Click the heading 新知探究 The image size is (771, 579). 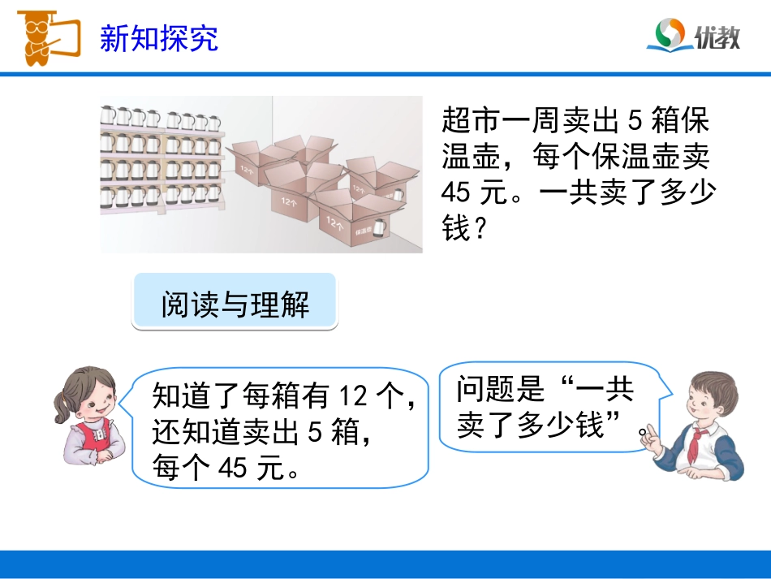(x=159, y=38)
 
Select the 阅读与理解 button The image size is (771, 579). (x=235, y=305)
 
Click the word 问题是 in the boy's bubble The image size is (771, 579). (x=498, y=390)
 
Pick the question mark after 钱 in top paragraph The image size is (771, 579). (x=480, y=230)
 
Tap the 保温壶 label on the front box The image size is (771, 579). (x=363, y=231)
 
